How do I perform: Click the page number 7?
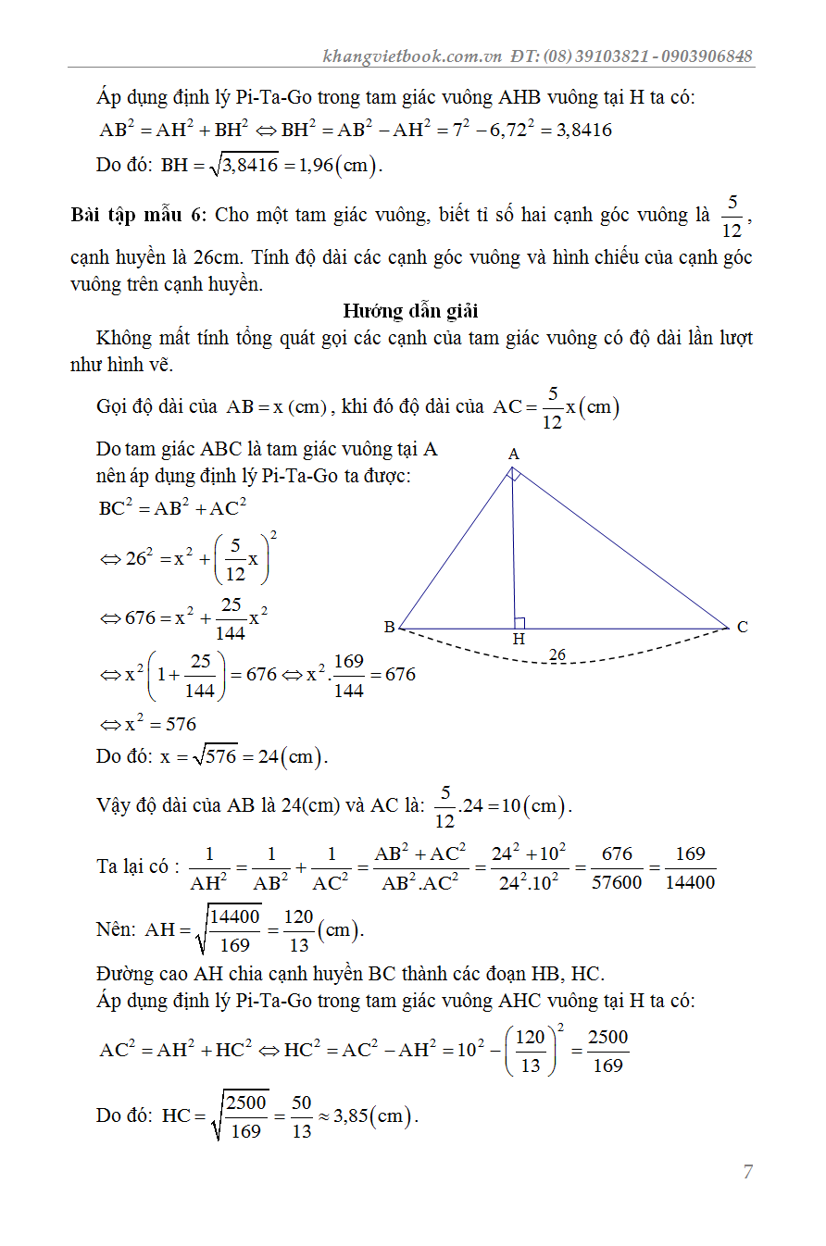point(747,1172)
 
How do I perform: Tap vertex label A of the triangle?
point(514,454)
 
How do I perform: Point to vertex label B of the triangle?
point(390,627)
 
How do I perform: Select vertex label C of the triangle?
point(743,627)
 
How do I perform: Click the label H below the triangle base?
point(519,640)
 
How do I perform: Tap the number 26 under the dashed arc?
point(557,655)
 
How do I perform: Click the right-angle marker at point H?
point(520,623)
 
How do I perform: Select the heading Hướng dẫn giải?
point(410,310)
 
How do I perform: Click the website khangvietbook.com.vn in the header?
point(412,56)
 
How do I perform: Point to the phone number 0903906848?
point(707,56)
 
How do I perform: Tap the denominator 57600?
point(617,882)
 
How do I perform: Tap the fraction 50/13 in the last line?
point(302,1115)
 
